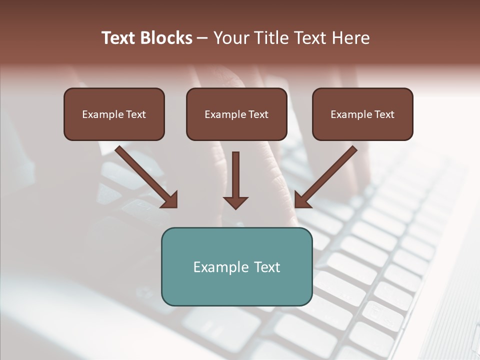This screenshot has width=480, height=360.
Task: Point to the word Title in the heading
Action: pos(271,38)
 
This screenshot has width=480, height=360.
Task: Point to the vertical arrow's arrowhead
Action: pos(235,202)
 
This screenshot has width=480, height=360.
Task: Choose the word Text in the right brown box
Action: pos(384,114)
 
